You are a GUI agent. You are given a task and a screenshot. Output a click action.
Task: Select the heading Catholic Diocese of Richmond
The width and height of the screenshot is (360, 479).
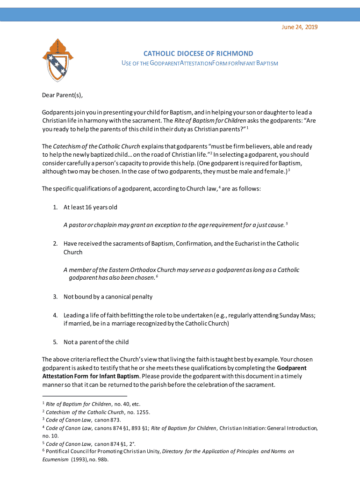point(198,53)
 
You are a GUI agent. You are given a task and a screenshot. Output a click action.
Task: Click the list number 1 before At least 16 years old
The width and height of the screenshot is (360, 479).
point(55,207)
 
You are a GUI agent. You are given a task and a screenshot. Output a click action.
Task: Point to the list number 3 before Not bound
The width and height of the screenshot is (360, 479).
point(55,297)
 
